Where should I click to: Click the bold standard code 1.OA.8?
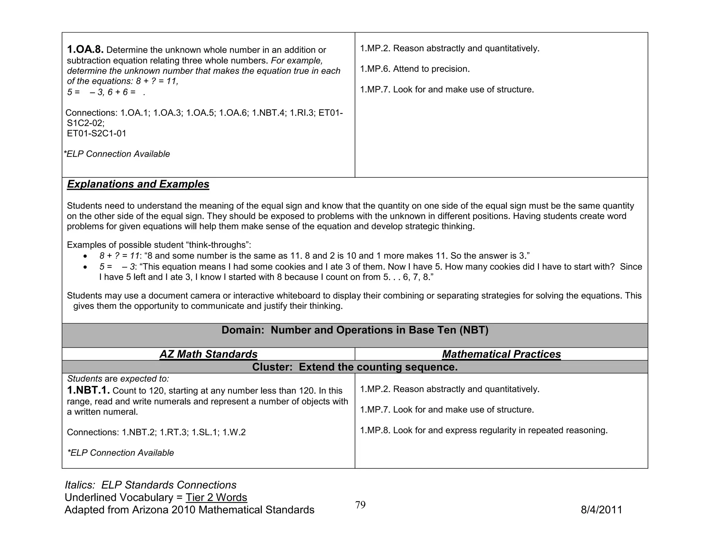click(85, 50)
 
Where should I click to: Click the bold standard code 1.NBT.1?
click(88, 390)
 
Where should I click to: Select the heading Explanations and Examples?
click(138, 184)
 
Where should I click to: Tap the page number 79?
click(360, 505)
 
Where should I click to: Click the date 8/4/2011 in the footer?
click(601, 510)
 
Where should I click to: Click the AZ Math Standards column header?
click(208, 354)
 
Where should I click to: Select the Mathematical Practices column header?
click(501, 354)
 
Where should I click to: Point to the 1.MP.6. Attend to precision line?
click(415, 69)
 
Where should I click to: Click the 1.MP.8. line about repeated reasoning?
click(484, 430)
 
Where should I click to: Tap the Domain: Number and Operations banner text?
click(355, 330)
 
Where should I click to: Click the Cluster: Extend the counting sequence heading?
click(355, 367)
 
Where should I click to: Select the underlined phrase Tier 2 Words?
click(216, 497)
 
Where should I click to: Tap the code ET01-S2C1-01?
click(96, 133)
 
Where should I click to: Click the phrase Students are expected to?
click(118, 379)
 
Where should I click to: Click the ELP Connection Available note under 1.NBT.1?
click(120, 453)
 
